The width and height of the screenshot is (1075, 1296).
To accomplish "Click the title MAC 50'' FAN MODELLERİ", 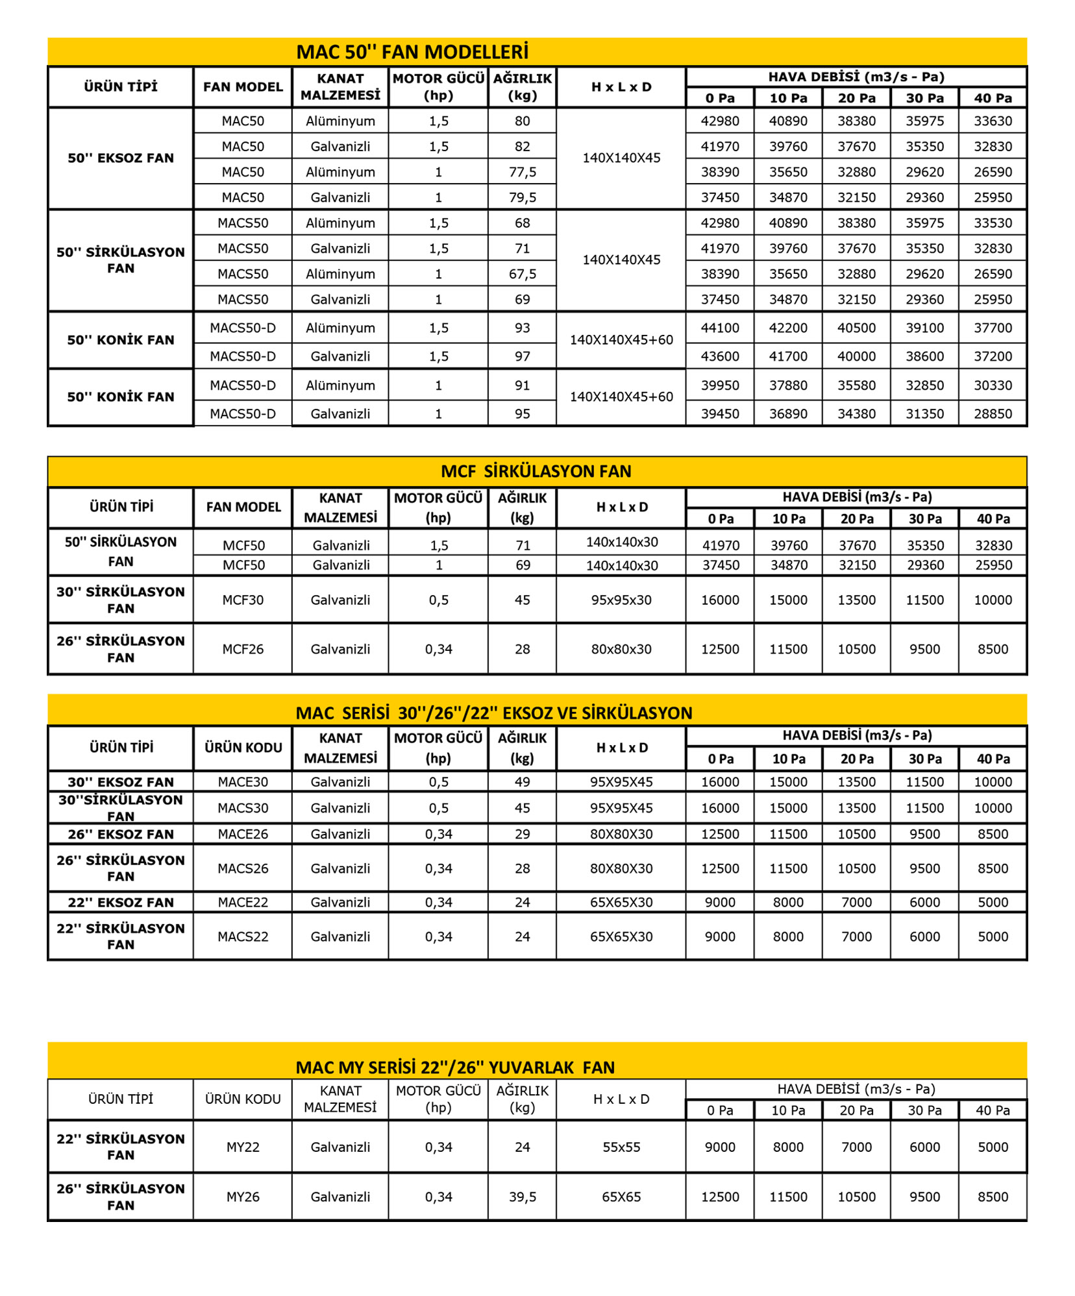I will [412, 52].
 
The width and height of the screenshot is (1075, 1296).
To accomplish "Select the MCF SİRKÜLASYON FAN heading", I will [536, 471].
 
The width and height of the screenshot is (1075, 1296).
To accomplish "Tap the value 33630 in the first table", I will [993, 121].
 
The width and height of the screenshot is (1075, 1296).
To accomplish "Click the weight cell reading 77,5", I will [522, 172].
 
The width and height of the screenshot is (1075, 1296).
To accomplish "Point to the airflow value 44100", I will [720, 328].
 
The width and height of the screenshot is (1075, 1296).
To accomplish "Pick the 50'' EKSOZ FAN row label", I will [121, 158].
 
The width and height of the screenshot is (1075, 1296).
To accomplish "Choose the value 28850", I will [993, 414].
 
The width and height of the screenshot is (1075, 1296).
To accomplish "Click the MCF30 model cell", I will [243, 600].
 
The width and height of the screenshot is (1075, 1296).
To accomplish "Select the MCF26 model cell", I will [243, 650].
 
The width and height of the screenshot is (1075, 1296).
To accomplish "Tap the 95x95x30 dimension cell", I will [621, 600].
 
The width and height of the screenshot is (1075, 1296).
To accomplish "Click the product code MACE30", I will [243, 782].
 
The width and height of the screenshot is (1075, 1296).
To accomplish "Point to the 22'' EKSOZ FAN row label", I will [121, 903].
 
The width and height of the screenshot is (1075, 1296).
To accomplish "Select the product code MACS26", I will [243, 869].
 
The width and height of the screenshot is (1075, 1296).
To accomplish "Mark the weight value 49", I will [522, 782].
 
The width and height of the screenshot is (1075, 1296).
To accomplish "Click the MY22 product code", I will [243, 1147].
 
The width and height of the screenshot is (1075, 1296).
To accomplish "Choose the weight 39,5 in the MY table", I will [522, 1197].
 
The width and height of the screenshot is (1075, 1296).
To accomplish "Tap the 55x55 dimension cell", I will [621, 1147].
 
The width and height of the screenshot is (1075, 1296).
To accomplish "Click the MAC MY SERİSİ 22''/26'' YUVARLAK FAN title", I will [454, 1068].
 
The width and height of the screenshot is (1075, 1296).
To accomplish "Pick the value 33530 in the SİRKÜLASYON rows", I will [993, 223].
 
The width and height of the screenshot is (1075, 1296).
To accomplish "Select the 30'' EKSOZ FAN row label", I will [121, 782].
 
